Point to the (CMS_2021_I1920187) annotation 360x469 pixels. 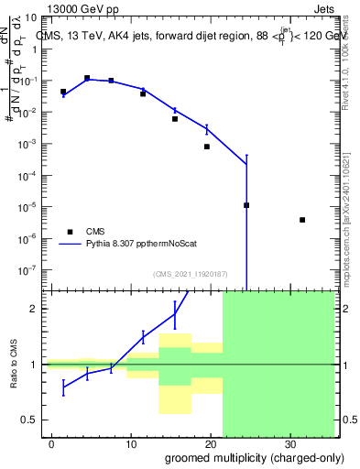(x=190, y=274)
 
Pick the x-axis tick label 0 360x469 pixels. (x=52, y=442)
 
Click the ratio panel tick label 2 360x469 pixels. (x=38, y=309)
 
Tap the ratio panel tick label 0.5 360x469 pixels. (x=33, y=420)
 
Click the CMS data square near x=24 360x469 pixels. (x=246, y=205)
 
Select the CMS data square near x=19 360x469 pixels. (x=207, y=147)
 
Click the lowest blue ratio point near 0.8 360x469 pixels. (x=63, y=387)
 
